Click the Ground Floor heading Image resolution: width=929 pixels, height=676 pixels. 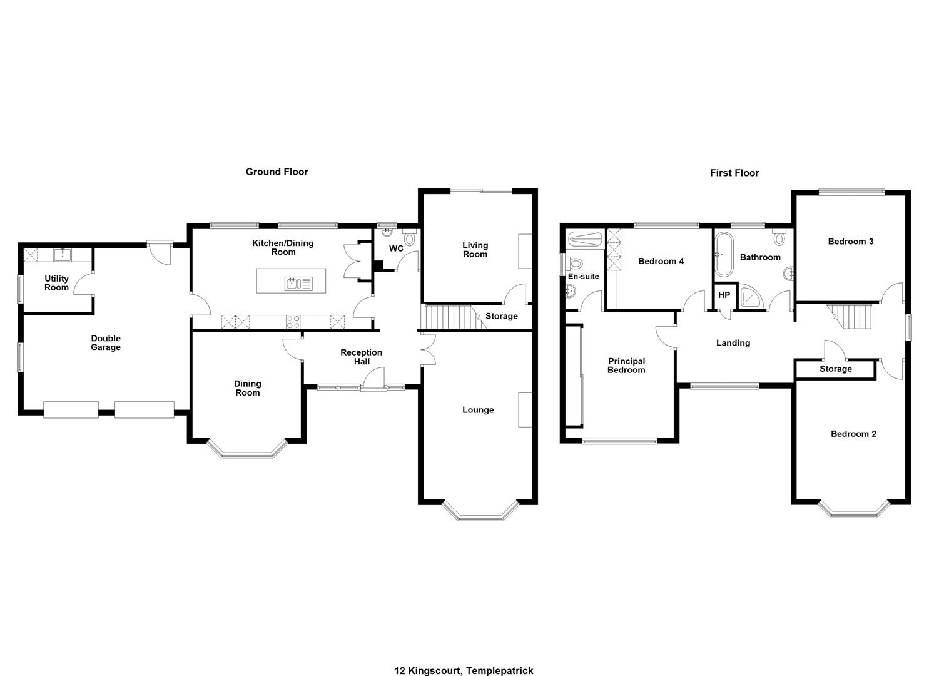point(277,172)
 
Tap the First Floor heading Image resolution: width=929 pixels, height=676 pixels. point(734,173)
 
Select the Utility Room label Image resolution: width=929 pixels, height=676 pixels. point(56,283)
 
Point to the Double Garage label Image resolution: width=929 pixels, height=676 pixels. point(106,343)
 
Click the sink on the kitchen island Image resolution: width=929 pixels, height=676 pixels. point(298,284)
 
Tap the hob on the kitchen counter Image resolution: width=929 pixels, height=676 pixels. point(293,322)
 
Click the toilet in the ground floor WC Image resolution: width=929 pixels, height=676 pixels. point(409,237)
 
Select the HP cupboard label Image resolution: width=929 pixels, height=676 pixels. point(724,295)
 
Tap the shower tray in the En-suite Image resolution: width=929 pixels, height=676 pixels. point(585,240)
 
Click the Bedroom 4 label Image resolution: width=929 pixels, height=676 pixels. point(661,262)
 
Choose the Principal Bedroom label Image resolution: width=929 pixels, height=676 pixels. point(626,366)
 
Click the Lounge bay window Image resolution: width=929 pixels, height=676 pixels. point(480,511)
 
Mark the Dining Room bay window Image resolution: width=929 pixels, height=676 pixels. point(247,450)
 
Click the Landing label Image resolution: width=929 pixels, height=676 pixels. point(733,343)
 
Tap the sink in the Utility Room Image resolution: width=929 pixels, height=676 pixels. point(62,255)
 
